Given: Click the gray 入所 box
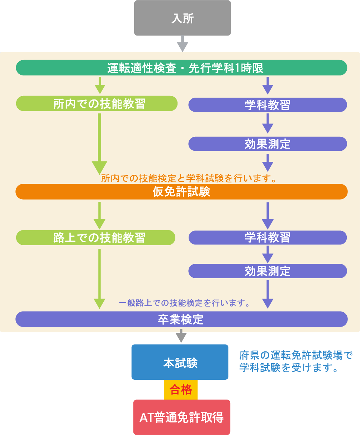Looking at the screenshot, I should (183, 18).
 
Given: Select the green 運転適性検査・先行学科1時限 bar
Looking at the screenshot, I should (181, 68).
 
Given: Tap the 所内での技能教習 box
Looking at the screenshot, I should (97, 104).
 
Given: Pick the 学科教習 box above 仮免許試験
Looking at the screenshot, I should (267, 105).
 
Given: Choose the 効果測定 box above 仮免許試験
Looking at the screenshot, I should (267, 144).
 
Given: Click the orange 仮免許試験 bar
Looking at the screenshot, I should (181, 192).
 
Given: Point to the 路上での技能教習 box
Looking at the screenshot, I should (96, 238).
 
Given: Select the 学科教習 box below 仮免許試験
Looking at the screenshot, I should (267, 238).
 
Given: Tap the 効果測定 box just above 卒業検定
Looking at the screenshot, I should (267, 271).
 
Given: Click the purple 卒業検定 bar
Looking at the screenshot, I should (181, 319).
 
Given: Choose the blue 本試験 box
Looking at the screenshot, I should (180, 362).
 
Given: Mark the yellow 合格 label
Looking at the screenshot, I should (181, 389).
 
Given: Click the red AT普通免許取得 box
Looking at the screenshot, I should (181, 417).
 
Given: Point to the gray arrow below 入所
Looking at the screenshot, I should (183, 44).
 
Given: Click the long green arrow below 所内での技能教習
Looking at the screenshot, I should (99, 144).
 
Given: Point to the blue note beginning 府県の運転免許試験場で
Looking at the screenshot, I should (296, 362).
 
